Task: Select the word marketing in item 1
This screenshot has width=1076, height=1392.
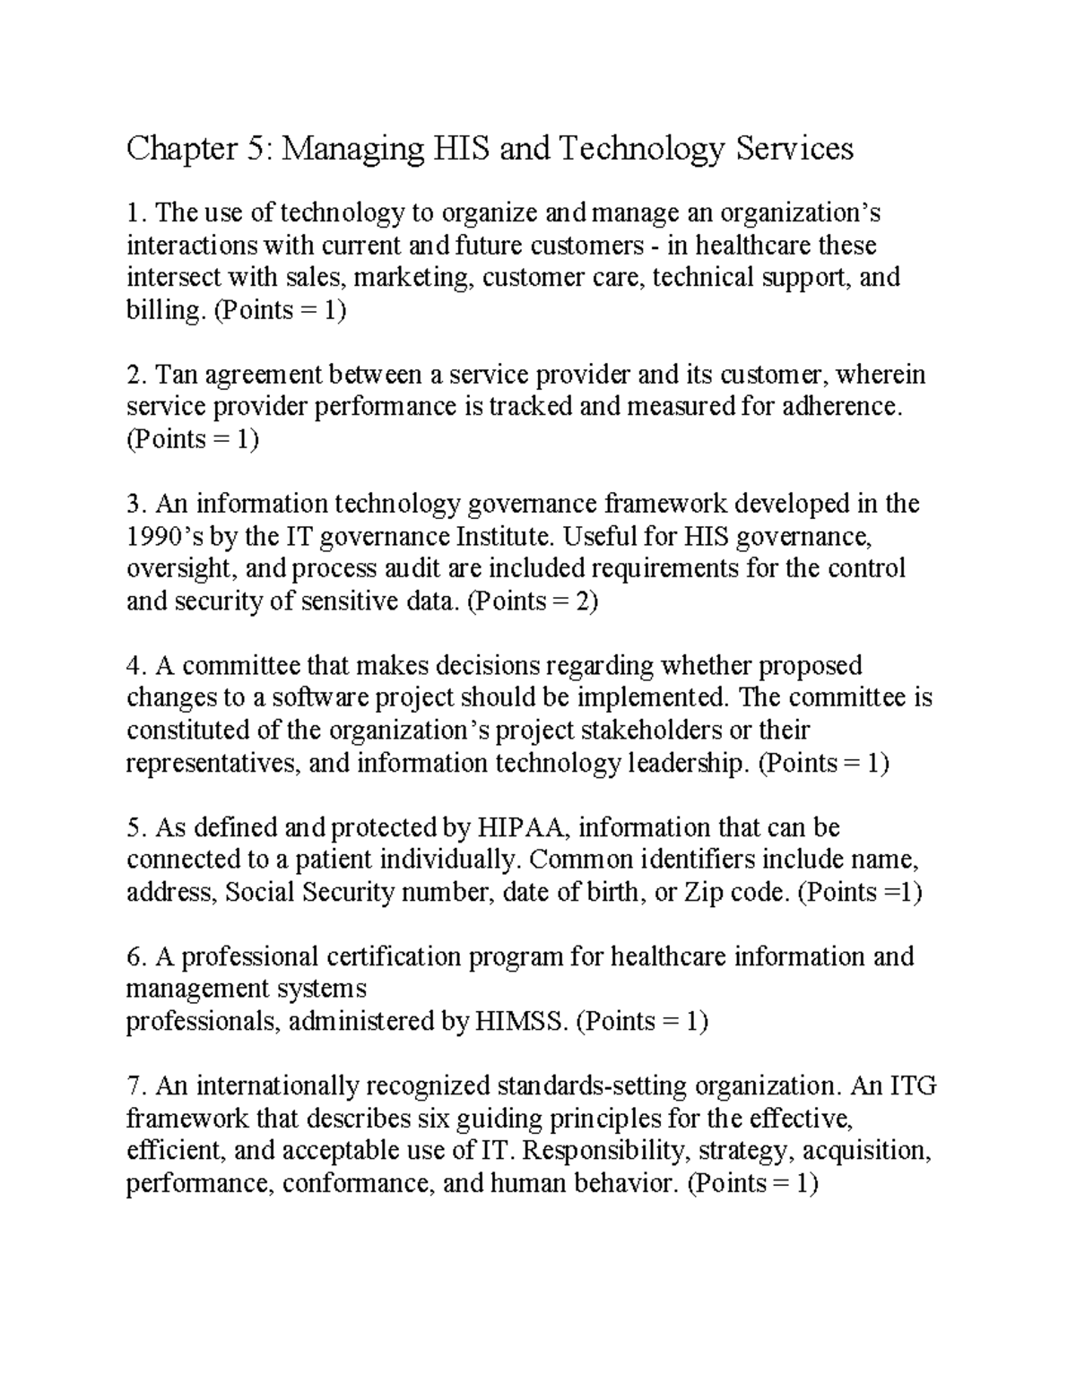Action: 412,278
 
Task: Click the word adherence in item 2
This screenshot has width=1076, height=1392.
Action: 840,407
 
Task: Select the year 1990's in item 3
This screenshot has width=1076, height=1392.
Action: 159,536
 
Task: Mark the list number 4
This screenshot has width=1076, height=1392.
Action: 135,665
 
